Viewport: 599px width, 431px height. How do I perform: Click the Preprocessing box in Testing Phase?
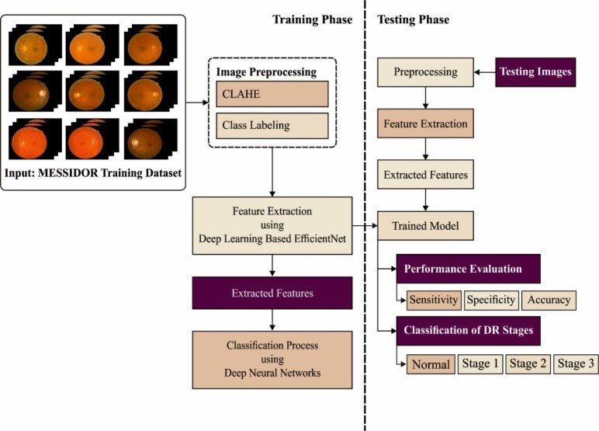click(425, 71)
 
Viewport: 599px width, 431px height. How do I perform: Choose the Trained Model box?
click(425, 225)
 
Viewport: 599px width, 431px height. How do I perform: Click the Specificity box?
click(492, 300)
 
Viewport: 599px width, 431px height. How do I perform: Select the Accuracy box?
click(549, 300)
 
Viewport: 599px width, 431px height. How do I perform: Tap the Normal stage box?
click(431, 363)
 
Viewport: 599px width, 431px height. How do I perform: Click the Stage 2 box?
click(528, 363)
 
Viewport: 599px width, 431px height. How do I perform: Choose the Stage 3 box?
click(576, 363)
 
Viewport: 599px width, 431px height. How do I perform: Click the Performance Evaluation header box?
click(468, 269)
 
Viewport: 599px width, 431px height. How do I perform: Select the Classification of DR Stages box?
click(468, 330)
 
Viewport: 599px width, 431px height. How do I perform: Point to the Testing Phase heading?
click(413, 19)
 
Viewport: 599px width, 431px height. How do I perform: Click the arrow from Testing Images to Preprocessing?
click(485, 71)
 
